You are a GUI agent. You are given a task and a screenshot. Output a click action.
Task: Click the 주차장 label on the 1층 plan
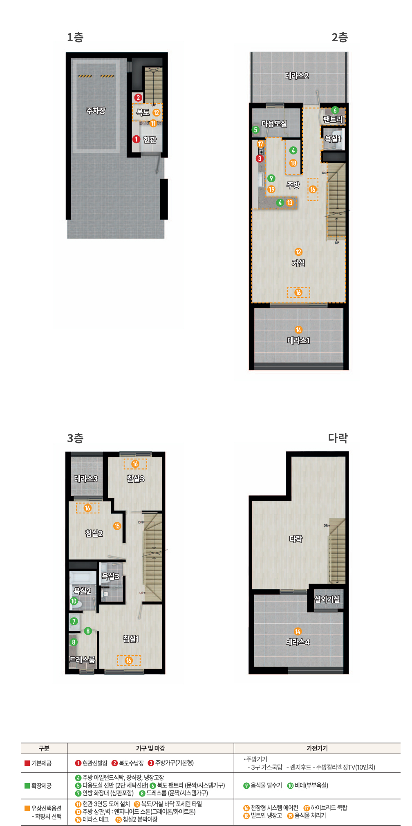96,110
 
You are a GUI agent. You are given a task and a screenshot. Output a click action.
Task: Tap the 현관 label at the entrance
150,139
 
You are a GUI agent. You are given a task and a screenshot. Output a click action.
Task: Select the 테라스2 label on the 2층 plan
297,76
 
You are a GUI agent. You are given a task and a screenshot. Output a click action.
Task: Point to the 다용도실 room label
274,123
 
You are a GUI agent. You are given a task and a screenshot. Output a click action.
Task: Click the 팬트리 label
333,119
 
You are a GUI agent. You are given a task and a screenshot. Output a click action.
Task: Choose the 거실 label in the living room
298,263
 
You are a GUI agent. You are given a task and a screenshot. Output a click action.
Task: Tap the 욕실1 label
333,139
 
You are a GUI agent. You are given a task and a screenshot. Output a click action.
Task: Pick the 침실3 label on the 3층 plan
135,478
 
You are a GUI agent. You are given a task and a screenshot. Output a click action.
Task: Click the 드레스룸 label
82,659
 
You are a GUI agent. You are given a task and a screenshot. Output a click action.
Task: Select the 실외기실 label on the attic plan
327,599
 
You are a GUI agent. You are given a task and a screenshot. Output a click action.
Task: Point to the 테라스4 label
298,642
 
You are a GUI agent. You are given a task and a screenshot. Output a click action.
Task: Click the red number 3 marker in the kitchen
260,159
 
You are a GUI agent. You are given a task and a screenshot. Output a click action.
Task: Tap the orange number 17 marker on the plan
260,144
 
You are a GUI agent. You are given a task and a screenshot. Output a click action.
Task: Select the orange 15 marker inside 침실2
117,526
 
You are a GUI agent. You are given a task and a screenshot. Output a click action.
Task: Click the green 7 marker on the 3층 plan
74,621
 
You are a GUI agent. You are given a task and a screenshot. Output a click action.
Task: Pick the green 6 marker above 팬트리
335,110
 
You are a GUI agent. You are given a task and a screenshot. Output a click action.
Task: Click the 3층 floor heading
75,438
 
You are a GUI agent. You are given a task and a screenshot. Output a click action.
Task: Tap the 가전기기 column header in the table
317,748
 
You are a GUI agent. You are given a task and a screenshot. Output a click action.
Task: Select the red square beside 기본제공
27,763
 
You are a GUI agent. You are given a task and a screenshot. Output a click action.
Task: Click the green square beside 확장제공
27,786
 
